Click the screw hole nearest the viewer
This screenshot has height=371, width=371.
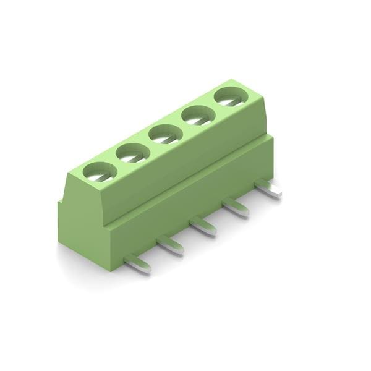(99, 172)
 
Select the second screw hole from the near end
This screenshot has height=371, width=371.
(131, 153)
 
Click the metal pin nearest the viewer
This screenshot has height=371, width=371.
(137, 263)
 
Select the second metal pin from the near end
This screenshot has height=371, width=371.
(170, 244)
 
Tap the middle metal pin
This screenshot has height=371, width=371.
(203, 226)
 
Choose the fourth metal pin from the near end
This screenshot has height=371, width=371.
(236, 207)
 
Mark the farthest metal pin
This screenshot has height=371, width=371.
(268, 188)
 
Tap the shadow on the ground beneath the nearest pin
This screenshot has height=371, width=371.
(133, 272)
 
